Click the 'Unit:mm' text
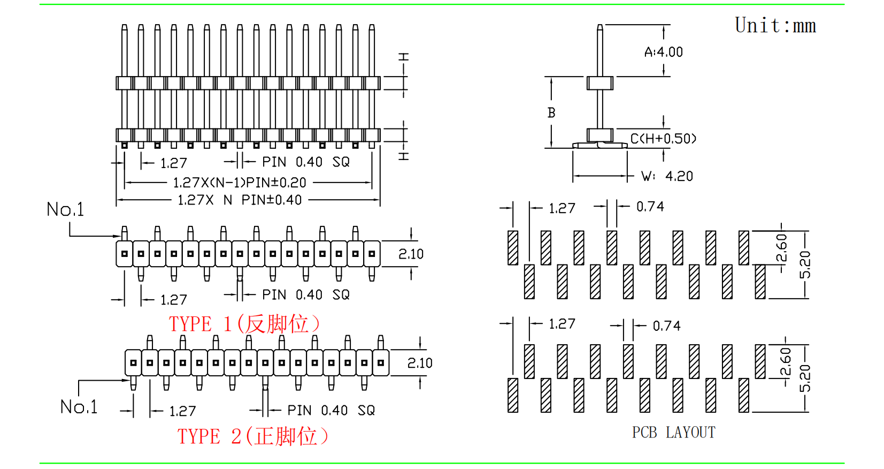point(775,26)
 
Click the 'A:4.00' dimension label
point(664,52)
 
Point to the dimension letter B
point(551,113)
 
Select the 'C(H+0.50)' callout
point(663,139)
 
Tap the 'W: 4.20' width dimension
point(667,176)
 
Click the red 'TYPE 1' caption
point(244,324)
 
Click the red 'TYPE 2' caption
point(253,436)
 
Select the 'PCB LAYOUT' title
point(673,433)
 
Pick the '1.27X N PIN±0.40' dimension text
point(240,200)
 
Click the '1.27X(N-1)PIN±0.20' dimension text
point(240,183)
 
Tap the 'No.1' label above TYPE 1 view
point(65,209)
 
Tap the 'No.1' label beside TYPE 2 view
point(79,407)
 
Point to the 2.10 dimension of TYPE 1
point(411,254)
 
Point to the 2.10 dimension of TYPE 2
point(420,363)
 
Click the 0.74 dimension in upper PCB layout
point(650,207)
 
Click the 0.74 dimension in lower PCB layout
point(666,326)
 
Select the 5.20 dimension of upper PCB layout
point(805,264)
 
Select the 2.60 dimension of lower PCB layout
point(785,362)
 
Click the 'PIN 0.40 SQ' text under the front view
point(305,162)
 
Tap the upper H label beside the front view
point(404,57)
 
